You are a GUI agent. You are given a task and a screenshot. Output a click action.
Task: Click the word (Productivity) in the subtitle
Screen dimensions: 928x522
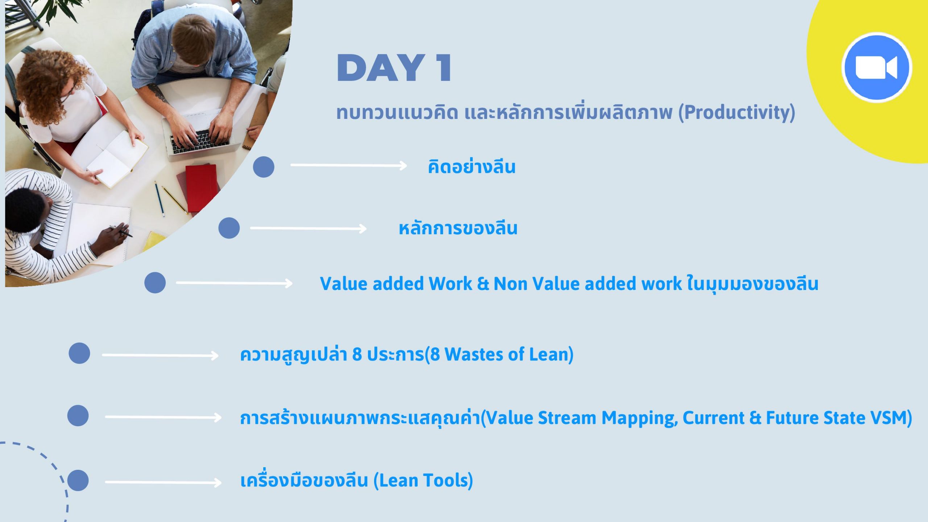737,112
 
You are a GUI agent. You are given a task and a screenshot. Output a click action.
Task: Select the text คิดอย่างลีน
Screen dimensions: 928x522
471,167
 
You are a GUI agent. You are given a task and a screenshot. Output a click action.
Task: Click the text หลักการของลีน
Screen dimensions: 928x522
458,228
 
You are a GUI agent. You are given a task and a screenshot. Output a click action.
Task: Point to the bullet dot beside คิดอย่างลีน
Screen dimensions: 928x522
264,167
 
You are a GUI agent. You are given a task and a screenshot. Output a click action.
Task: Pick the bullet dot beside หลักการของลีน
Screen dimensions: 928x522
229,228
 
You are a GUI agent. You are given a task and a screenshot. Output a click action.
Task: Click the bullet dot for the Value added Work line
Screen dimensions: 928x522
155,283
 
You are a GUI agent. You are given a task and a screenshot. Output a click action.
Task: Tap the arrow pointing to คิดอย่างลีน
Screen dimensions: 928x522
349,166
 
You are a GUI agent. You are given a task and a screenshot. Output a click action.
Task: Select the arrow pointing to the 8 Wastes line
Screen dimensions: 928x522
160,356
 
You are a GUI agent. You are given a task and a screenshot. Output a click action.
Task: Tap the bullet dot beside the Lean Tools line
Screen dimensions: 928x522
78,481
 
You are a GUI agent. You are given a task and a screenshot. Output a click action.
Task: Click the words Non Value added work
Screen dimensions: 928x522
588,283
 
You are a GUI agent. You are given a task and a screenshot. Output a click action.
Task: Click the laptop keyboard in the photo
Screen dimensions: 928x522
200,141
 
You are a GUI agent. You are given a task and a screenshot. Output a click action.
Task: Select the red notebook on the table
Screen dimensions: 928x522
201,187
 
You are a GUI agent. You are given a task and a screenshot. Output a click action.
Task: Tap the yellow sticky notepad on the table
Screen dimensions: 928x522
154,241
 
